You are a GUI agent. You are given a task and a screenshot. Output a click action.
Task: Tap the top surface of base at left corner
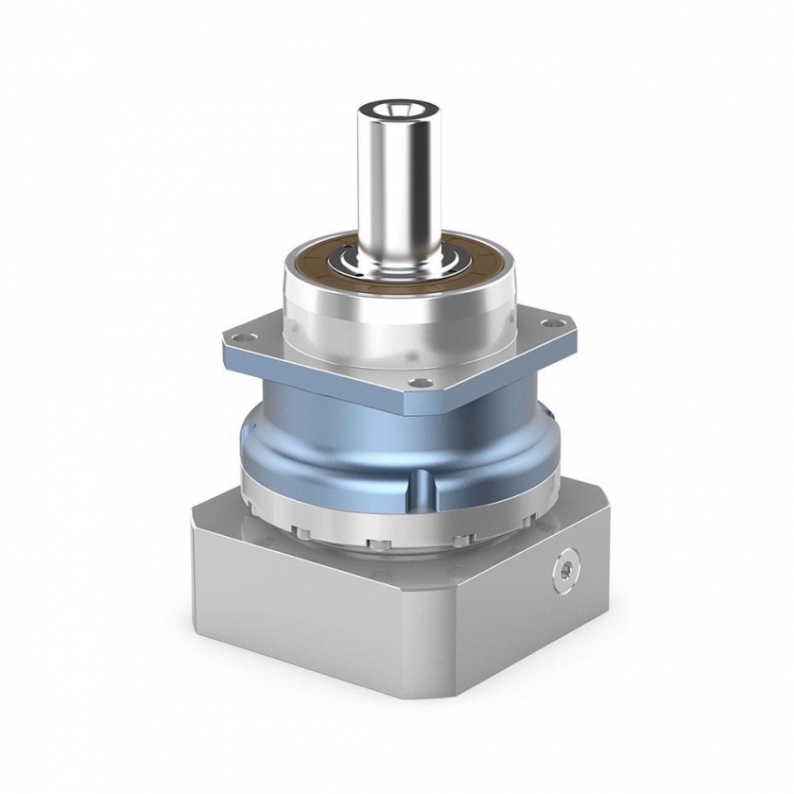coord(217,515)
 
